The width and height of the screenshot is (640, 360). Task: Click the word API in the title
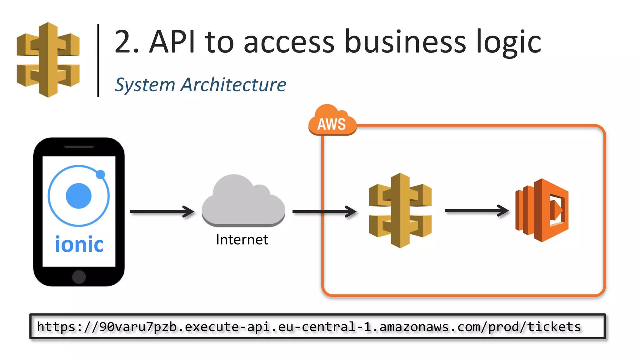tap(172, 42)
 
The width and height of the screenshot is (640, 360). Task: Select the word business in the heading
tap(405, 42)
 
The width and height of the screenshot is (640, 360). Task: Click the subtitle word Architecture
tap(233, 85)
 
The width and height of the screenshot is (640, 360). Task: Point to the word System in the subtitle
tap(145, 85)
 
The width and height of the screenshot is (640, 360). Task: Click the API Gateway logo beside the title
tap(48, 60)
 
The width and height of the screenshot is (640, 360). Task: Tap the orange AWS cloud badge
tap(332, 122)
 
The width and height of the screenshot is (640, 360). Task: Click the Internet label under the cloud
tap(242, 240)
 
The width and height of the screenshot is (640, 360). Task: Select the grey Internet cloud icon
tap(243, 202)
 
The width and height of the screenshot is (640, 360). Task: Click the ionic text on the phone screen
tap(79, 244)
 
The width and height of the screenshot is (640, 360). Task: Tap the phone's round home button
tap(79, 277)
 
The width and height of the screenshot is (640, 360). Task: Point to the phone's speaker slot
tap(79, 147)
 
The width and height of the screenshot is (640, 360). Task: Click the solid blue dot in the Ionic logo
tap(79, 196)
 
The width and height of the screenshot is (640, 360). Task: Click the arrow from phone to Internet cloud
tap(162, 212)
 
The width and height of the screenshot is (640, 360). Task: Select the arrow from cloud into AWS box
tap(324, 212)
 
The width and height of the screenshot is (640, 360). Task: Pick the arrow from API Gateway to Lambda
tap(476, 211)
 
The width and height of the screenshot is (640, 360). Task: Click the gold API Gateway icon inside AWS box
tap(400, 210)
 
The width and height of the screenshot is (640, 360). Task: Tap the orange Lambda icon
tap(542, 210)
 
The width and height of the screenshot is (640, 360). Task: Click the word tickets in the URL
tap(554, 327)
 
